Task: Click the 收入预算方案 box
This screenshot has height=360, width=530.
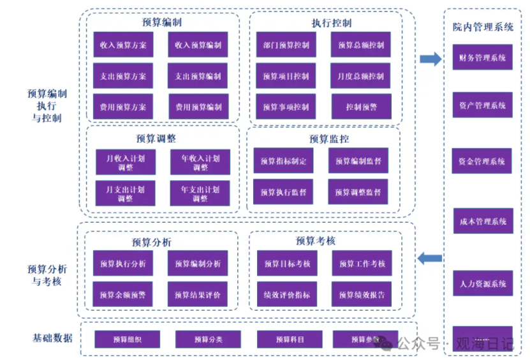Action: coord(123,45)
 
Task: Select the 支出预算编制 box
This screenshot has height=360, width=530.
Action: coord(198,77)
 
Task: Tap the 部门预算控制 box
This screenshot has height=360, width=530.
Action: coord(286,45)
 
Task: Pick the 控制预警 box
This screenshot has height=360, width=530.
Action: coord(361,107)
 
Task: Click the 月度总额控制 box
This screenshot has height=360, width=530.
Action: coord(361,77)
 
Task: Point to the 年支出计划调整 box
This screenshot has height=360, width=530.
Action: coord(200,193)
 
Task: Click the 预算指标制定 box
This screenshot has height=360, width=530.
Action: coord(283,161)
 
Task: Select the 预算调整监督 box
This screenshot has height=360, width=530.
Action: coord(358,192)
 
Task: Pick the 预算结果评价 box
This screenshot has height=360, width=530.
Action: coord(198,294)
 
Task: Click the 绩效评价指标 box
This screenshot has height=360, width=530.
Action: coord(286,295)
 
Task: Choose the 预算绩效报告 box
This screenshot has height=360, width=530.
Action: coord(362,295)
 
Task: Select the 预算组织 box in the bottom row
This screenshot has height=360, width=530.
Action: coord(127,340)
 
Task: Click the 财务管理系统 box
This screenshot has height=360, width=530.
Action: coord(482,58)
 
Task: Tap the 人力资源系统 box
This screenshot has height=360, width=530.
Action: coord(483,283)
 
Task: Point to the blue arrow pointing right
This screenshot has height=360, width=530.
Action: coord(431,59)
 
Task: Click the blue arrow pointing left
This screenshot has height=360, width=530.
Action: coord(430,259)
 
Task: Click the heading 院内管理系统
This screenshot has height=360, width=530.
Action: coord(483,27)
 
